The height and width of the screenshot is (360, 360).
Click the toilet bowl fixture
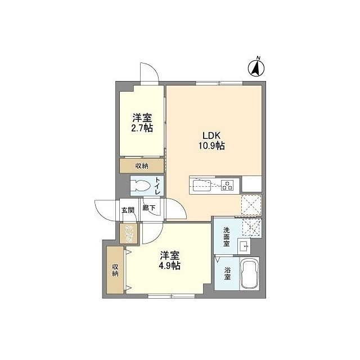coord(142,186)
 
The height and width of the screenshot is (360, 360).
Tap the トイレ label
coord(157,186)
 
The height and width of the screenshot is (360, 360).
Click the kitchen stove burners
coord(228,184)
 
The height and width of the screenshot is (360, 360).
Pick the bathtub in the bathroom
coord(249,276)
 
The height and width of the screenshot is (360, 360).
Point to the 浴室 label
coord(227,273)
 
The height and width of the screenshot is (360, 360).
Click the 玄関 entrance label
coord(128,210)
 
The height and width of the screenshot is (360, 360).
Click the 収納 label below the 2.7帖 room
coord(142,165)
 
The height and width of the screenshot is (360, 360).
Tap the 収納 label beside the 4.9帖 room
coord(115,269)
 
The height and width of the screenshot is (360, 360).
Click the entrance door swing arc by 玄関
coord(105,211)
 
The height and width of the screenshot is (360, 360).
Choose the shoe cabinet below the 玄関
coord(129,233)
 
